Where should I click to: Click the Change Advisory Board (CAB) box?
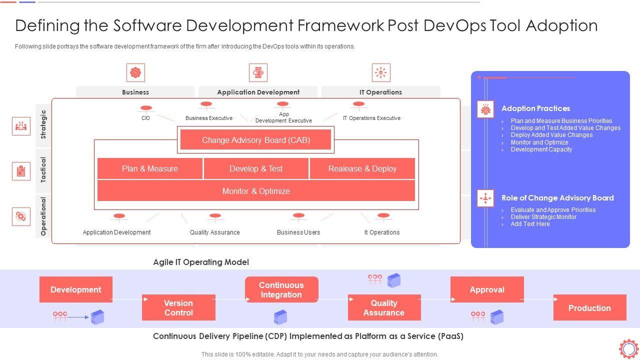click(x=255, y=140)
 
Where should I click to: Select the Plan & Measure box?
click(x=150, y=168)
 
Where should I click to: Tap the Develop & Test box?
click(x=256, y=168)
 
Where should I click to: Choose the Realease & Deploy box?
click(x=362, y=168)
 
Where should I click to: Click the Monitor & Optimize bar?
click(x=256, y=191)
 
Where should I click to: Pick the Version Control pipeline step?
click(x=178, y=307)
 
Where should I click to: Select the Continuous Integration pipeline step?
click(x=281, y=289)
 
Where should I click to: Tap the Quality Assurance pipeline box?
click(x=384, y=307)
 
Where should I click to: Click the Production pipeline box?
click(x=589, y=307)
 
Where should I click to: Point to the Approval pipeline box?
click(x=487, y=289)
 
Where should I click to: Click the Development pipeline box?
click(x=76, y=289)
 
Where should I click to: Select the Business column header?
click(x=135, y=92)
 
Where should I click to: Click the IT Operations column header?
click(x=380, y=92)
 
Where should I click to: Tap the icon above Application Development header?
click(x=258, y=72)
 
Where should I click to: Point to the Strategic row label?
click(x=43, y=124)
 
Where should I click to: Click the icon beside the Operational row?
click(x=21, y=216)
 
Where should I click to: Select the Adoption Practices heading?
click(x=535, y=108)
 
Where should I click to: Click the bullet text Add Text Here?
click(x=530, y=224)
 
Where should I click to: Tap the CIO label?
click(x=145, y=118)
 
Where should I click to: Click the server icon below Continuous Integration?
click(x=280, y=317)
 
